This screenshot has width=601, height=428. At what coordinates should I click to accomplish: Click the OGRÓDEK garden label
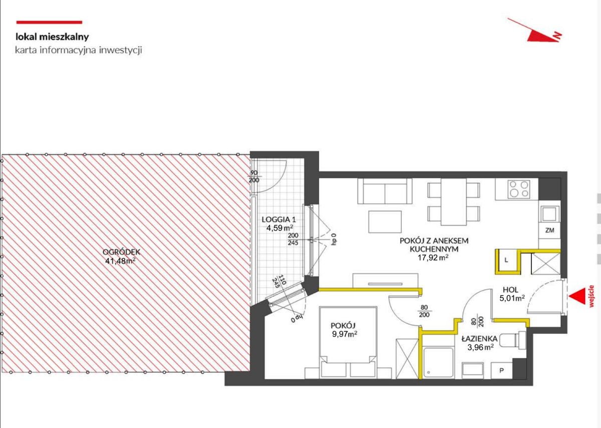click(121, 252)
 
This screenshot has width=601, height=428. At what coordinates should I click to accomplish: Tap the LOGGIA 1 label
click(279, 220)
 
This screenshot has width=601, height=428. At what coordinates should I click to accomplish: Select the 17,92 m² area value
click(433, 258)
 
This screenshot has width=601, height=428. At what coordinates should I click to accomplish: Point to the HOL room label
click(510, 290)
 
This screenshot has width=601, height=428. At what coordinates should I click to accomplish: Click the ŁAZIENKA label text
click(479, 338)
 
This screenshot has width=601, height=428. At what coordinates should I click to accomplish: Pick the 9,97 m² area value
click(345, 334)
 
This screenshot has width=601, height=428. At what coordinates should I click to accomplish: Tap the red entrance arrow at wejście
click(576, 296)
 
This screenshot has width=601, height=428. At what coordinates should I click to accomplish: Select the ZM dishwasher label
click(549, 230)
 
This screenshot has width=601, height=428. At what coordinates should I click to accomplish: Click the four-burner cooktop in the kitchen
click(519, 189)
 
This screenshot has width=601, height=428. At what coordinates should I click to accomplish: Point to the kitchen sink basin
click(550, 213)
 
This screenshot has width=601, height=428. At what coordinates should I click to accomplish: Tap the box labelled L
click(506, 260)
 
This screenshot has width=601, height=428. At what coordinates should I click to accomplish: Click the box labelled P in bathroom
click(501, 370)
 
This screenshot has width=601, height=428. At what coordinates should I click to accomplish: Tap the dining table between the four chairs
click(453, 201)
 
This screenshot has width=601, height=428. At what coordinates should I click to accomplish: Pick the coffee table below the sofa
click(385, 222)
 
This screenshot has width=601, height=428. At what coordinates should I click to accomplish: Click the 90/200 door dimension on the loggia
click(254, 176)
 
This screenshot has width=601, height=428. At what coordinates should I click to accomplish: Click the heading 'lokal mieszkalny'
click(52, 37)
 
